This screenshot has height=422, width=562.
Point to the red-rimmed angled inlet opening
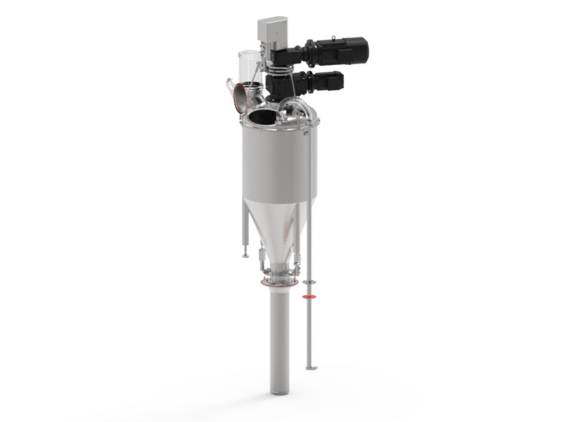click(x=241, y=96)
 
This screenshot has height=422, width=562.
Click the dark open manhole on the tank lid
click(x=262, y=117)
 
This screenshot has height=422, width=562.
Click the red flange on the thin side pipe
click(x=310, y=297)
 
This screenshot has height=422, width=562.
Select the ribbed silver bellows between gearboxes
click(x=280, y=66)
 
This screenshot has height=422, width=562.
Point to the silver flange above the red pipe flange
click(x=310, y=283)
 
